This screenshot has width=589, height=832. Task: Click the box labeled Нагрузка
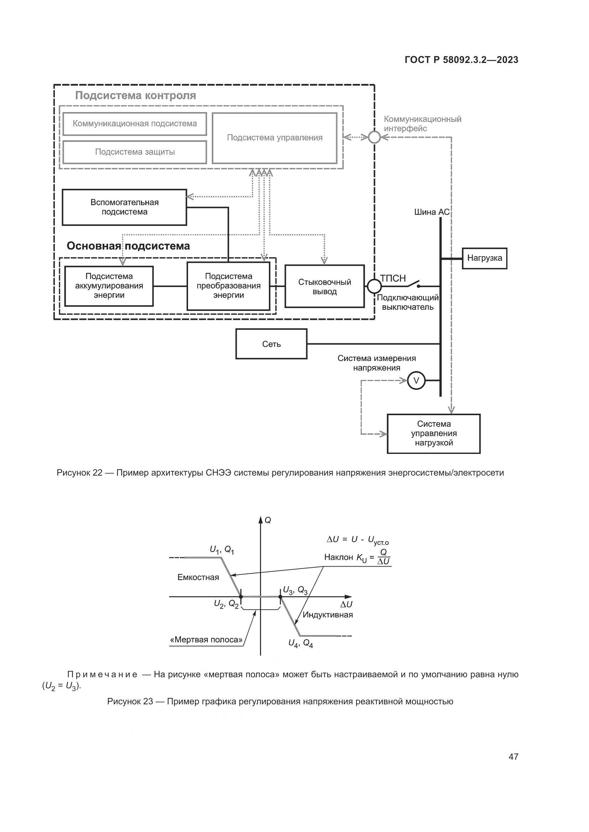tap(484, 258)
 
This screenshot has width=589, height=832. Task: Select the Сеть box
tap(271, 344)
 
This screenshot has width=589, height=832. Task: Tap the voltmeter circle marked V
tap(416, 381)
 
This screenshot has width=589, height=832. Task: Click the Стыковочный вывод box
tap(324, 286)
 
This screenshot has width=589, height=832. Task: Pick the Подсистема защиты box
tap(135, 152)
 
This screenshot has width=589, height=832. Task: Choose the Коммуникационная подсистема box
tap(135, 123)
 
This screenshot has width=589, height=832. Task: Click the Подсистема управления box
tap(275, 138)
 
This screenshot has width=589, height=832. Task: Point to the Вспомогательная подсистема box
tap(124, 207)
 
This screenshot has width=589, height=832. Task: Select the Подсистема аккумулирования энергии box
tap(109, 286)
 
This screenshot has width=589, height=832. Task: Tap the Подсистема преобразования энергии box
tap(229, 286)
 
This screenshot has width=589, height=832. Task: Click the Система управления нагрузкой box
tap(433, 433)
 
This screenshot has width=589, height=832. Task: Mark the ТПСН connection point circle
tap(374, 286)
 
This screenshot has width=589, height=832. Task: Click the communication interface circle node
tap(374, 137)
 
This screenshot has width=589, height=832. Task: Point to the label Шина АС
tap(432, 212)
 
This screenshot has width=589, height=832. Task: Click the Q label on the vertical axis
tap(268, 520)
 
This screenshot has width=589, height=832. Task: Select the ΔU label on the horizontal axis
tap(346, 604)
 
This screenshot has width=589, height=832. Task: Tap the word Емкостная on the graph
tap(198, 577)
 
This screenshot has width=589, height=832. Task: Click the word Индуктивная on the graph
tap(328, 615)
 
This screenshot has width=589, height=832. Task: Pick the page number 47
tap(513, 757)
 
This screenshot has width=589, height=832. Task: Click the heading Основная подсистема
tap(128, 246)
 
